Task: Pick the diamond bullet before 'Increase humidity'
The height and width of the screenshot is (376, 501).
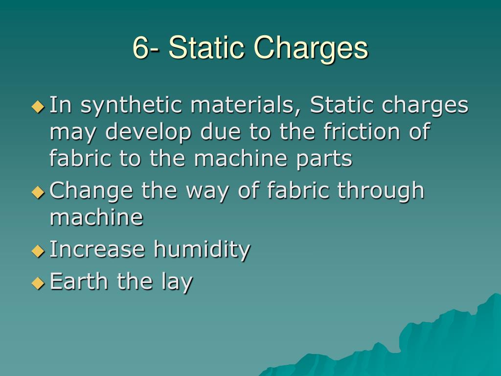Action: pyautogui.click(x=38, y=251)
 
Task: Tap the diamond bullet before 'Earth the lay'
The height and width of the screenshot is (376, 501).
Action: pyautogui.click(x=38, y=283)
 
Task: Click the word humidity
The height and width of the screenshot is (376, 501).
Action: pyautogui.click(x=202, y=250)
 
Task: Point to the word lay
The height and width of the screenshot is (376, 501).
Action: pyautogui.click(x=177, y=282)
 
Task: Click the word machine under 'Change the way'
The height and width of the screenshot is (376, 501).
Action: pyautogui.click(x=96, y=217)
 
